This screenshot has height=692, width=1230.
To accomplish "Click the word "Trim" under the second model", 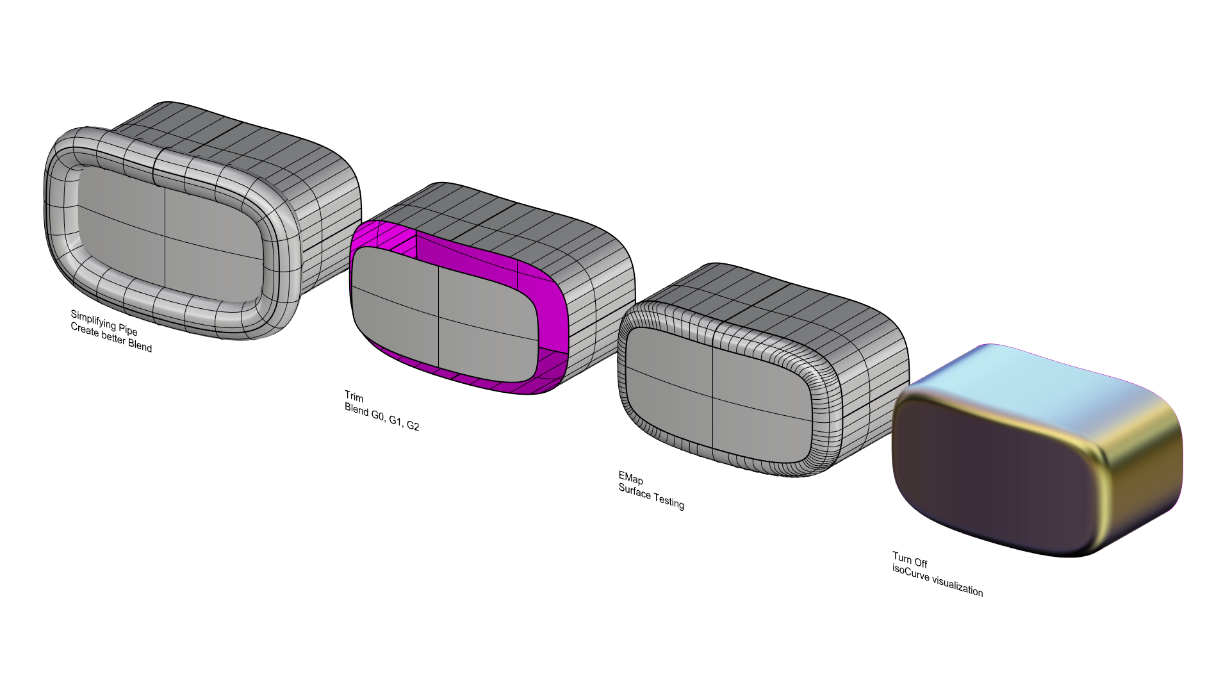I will coord(354,397).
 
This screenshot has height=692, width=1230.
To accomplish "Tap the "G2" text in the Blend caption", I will coord(413,425).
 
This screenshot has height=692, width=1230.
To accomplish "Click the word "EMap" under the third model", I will coord(630,479).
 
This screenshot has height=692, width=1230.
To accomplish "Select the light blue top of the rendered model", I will coord(1025,378).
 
